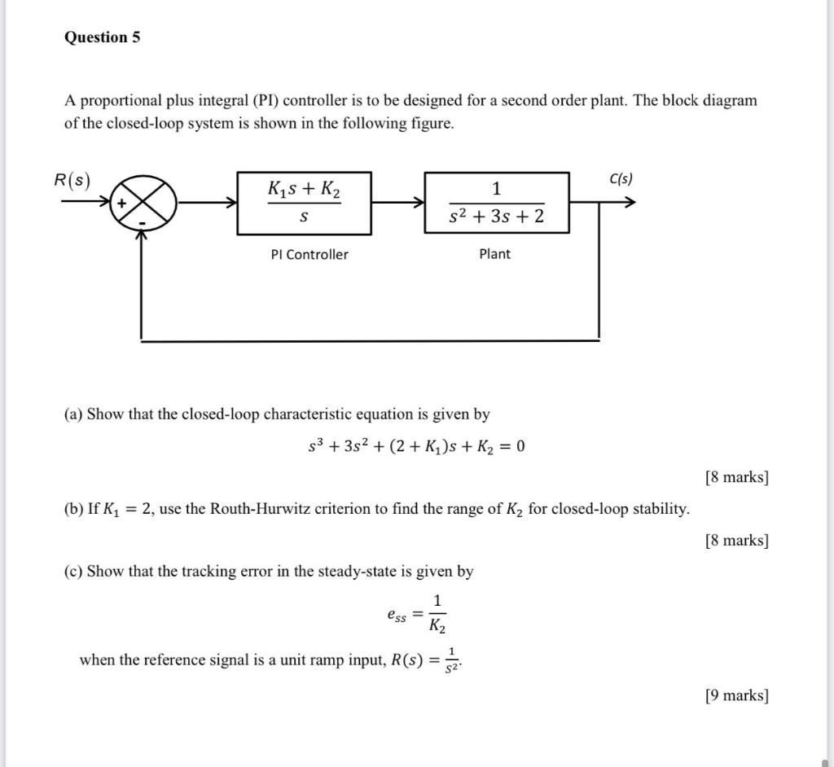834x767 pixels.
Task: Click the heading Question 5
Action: coord(102,37)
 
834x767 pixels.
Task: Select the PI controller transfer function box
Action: coord(304,203)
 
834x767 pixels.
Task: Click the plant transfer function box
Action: coord(496,203)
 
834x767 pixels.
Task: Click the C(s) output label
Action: coord(620,179)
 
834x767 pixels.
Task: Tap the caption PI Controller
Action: coord(309,255)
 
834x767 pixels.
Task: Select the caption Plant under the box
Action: coord(494,254)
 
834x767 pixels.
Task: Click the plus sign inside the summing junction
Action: coord(121,204)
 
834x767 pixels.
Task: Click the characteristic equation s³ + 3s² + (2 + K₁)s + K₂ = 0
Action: coord(415,446)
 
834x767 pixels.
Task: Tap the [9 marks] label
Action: coord(736,695)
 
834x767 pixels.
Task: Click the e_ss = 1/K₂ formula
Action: coord(416,614)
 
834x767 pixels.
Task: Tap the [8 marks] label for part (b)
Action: coord(736,540)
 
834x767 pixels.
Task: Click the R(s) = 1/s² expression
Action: coord(427,660)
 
